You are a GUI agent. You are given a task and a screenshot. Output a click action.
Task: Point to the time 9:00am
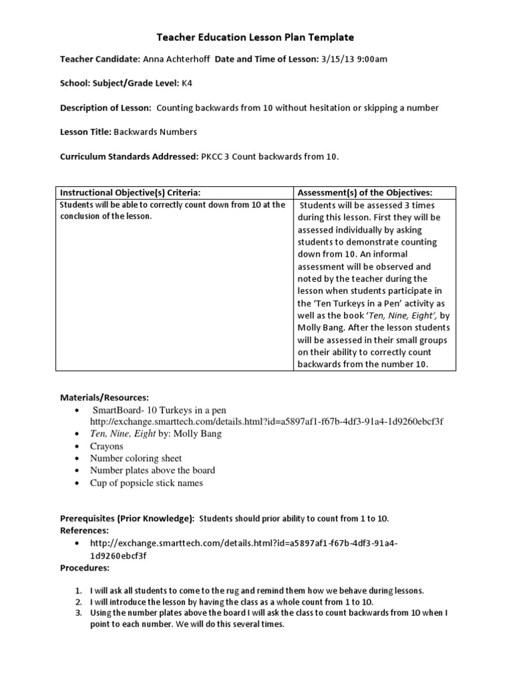[x=373, y=59]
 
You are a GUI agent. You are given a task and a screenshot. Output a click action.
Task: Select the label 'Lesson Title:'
[x=85, y=132]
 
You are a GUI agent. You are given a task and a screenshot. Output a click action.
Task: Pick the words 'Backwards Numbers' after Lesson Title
[x=155, y=132]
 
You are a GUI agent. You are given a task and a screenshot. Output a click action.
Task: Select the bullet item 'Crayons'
[x=106, y=446]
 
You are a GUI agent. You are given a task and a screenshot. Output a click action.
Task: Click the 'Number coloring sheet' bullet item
[x=136, y=458]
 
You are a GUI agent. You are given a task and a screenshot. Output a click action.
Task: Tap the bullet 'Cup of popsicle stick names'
[x=146, y=483]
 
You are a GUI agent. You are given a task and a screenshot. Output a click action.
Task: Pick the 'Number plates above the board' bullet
[x=152, y=470]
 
